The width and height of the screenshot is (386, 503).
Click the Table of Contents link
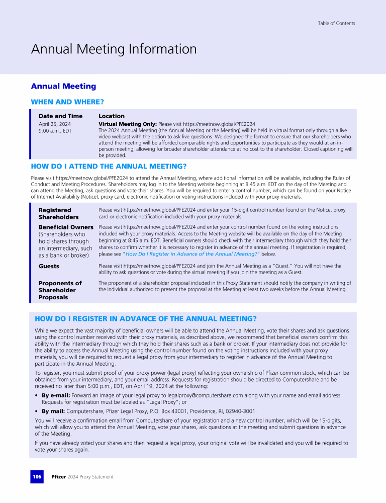point(336,23)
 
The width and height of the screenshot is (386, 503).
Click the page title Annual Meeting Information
point(114,49)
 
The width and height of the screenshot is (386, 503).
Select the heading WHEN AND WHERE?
point(67,102)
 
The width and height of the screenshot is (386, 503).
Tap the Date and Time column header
point(60,116)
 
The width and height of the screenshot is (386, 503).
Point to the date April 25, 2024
point(55,124)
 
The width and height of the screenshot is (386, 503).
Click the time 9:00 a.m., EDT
point(55,131)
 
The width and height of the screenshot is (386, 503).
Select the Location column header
point(112,116)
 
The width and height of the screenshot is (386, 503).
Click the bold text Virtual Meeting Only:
point(128,124)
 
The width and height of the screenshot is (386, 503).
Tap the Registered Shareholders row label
point(58,213)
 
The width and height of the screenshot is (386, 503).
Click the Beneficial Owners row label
point(66,227)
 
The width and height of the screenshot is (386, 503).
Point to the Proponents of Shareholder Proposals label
point(60,290)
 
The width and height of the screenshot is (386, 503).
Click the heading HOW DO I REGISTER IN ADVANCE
point(145,319)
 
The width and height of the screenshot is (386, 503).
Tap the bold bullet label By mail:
point(53,411)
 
